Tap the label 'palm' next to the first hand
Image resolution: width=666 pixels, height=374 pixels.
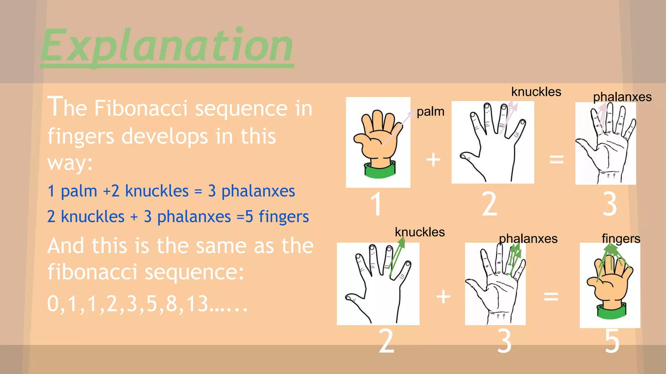point(430,111)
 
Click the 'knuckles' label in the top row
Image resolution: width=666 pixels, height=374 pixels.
point(536,92)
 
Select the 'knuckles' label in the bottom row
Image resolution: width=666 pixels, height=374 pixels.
point(420,232)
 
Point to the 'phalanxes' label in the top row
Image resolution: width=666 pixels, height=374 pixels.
point(622,97)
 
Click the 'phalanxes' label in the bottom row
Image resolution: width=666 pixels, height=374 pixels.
point(528,239)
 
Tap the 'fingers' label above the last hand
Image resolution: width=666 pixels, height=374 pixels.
point(620,238)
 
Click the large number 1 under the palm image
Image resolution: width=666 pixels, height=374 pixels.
point(376,204)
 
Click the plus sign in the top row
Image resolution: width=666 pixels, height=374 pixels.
point(433,159)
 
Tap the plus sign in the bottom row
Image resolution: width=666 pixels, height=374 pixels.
point(443,296)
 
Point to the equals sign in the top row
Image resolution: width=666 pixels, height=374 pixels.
point(556,159)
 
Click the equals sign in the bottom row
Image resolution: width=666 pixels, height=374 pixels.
point(551,296)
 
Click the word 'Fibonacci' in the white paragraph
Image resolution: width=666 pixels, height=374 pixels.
point(141,108)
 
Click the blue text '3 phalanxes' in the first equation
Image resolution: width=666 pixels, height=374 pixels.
point(251,191)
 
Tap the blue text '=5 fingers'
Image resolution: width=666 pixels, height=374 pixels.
point(273,217)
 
